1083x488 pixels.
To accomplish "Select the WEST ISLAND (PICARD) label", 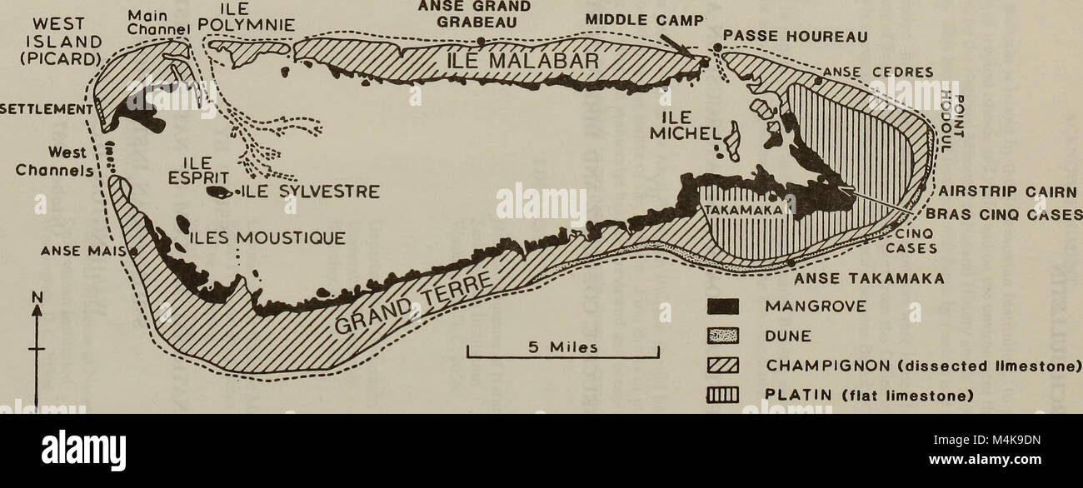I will [51, 41].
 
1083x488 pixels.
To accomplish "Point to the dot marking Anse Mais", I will [133, 250].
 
